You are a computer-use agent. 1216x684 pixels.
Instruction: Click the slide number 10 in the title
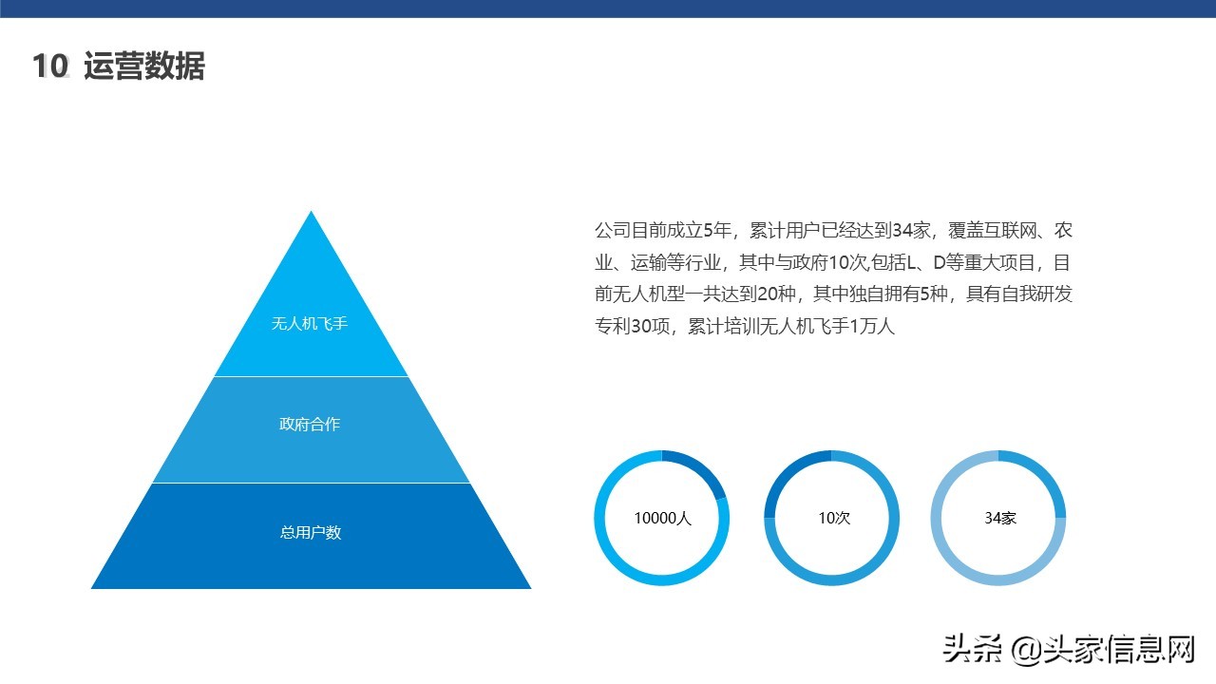pyautogui.click(x=50, y=66)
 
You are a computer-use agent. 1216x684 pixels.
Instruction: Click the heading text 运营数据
pyautogui.click(x=144, y=66)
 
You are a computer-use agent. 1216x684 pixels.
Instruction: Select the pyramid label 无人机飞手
pyautogui.click(x=310, y=324)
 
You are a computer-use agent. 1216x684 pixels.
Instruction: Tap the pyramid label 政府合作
pyautogui.click(x=310, y=425)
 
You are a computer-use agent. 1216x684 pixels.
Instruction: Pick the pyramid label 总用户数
pyautogui.click(x=310, y=533)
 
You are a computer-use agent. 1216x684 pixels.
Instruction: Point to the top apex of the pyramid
pyautogui.click(x=311, y=213)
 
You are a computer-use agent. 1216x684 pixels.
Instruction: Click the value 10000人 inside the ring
pyautogui.click(x=662, y=519)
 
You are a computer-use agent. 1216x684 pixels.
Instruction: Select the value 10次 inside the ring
pyautogui.click(x=833, y=519)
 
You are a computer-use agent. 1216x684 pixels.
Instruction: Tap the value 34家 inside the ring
pyautogui.click(x=1000, y=519)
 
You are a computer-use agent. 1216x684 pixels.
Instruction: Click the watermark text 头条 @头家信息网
pyautogui.click(x=1068, y=650)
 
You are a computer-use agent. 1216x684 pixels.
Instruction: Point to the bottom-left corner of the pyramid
pyautogui.click(x=93, y=587)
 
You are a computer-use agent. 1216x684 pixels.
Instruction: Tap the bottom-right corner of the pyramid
pyautogui.click(x=529, y=587)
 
